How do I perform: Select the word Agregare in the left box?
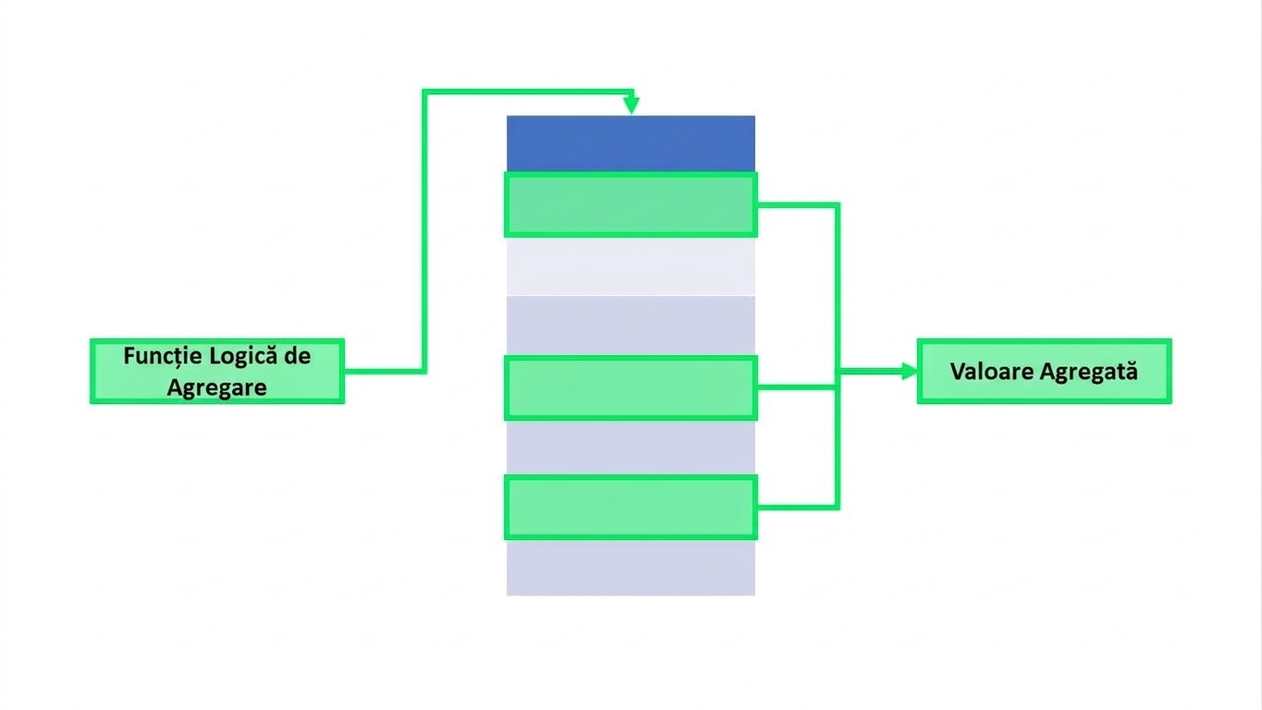pyautogui.click(x=217, y=388)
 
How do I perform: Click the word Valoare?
pyautogui.click(x=991, y=372)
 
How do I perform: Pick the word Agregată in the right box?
pyautogui.click(x=1088, y=373)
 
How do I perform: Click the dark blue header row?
pyautogui.click(x=631, y=143)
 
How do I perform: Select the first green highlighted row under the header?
pyautogui.click(x=631, y=204)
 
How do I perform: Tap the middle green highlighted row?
pyautogui.click(x=631, y=387)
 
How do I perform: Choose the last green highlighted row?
pyautogui.click(x=631, y=508)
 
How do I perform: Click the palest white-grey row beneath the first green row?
pyautogui.click(x=631, y=266)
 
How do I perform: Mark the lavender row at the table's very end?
pyautogui.click(x=631, y=568)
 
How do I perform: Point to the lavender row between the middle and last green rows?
pyautogui.click(x=631, y=448)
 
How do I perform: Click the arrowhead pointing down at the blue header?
pyautogui.click(x=631, y=104)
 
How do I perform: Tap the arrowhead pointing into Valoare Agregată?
pyautogui.click(x=910, y=372)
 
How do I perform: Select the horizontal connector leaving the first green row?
pyautogui.click(x=798, y=205)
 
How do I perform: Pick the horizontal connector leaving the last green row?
pyautogui.click(x=798, y=508)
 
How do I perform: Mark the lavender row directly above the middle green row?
pyautogui.click(x=631, y=325)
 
